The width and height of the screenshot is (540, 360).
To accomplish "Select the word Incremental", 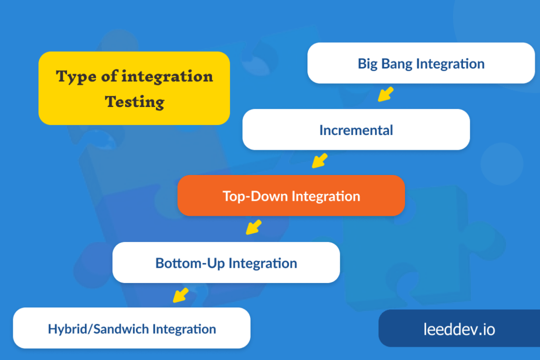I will tap(356, 130).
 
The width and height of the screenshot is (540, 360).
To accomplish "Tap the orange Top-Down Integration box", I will tap(291, 196).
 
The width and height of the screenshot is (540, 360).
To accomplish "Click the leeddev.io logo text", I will tap(459, 329).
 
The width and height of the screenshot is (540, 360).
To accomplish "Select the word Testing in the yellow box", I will tap(134, 101).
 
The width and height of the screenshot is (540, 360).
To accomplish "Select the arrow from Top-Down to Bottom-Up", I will tap(254, 227).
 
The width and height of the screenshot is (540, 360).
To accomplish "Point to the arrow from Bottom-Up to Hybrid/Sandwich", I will tap(181, 295).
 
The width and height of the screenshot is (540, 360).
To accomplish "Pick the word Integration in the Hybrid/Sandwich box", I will tap(184, 329).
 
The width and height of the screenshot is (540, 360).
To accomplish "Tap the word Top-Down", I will tap(255, 196).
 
